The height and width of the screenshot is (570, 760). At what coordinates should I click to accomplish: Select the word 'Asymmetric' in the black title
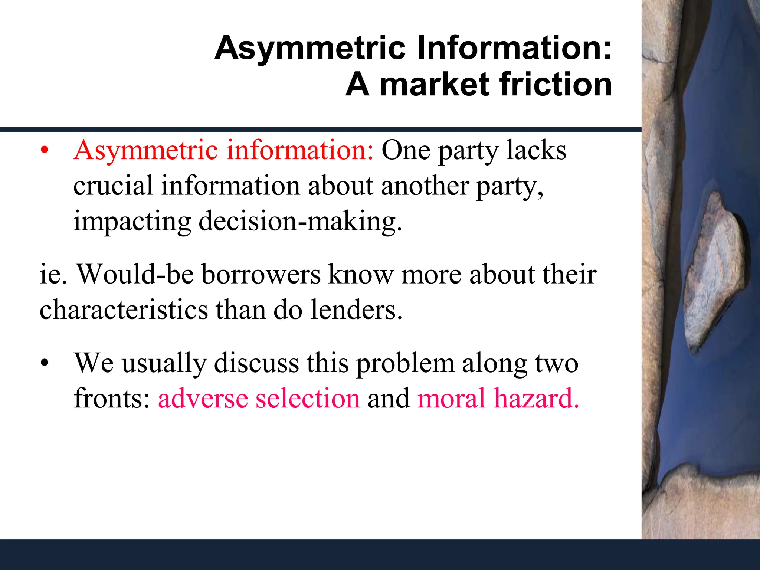(x=310, y=48)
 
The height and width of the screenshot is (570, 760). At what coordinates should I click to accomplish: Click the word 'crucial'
(x=113, y=186)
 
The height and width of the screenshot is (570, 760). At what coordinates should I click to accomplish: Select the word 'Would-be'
(x=135, y=275)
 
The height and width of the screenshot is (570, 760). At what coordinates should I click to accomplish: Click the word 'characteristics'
(x=124, y=310)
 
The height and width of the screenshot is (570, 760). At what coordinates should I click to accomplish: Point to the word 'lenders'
(x=356, y=310)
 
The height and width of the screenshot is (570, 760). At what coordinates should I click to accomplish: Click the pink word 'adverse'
(x=203, y=399)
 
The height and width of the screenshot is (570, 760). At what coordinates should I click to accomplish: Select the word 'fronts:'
(x=112, y=399)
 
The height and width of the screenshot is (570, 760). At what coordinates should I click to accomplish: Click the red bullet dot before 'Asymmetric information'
(x=45, y=151)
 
